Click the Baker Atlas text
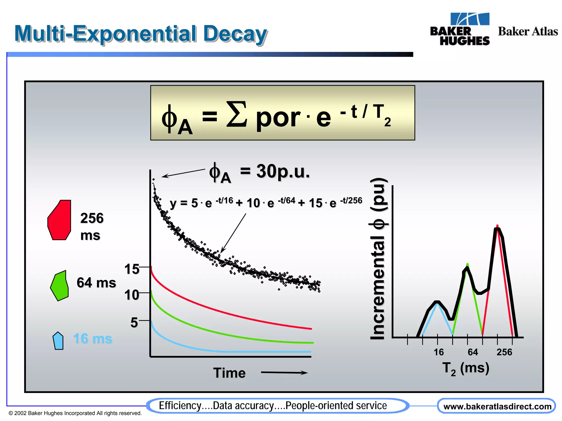point(528,31)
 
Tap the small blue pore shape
point(58,341)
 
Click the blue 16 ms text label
point(93,338)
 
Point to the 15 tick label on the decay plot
point(132,269)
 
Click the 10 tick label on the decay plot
point(132,295)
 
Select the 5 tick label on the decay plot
point(134,322)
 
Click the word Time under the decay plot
point(229,373)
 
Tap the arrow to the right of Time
point(284,372)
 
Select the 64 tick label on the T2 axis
point(473,352)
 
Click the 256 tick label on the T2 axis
point(504,352)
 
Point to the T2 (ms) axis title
point(466,368)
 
